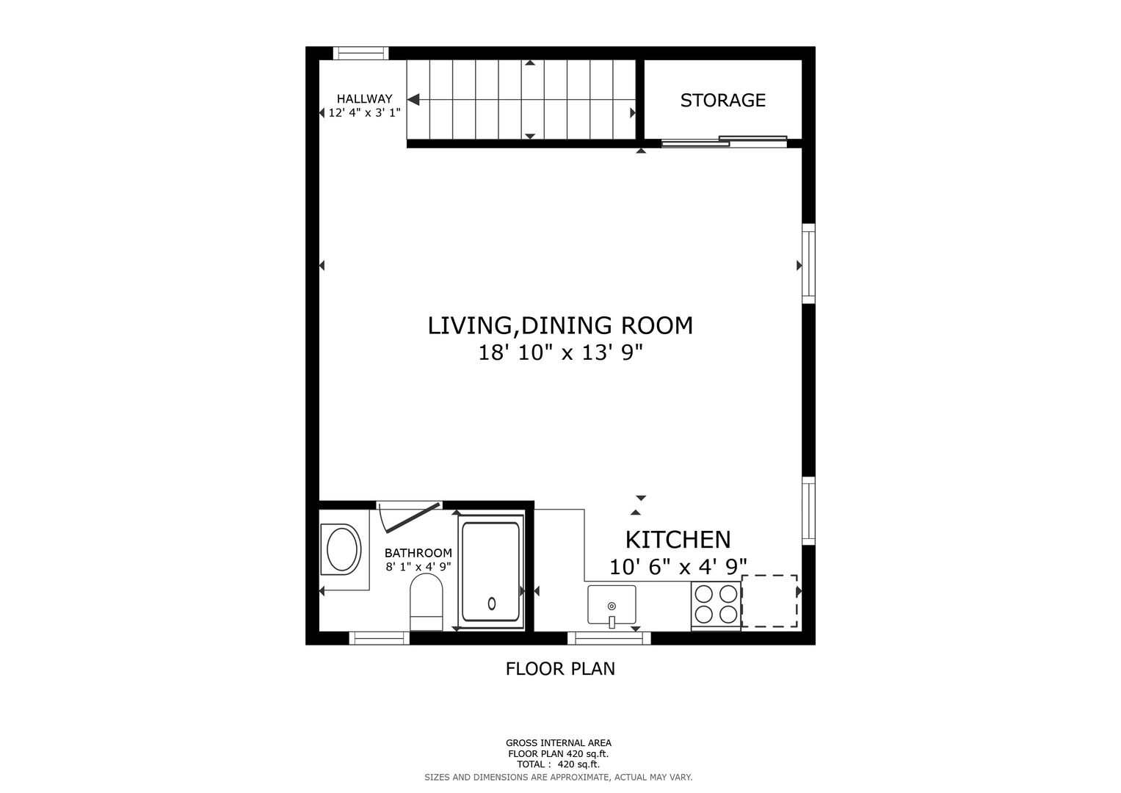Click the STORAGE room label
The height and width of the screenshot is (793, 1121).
(x=722, y=101)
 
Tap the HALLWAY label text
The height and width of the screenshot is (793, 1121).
(x=364, y=98)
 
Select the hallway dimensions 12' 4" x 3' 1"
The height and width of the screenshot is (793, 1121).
(x=364, y=113)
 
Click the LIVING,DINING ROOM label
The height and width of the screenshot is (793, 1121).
(x=560, y=327)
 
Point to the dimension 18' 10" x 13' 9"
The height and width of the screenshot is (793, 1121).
(x=560, y=353)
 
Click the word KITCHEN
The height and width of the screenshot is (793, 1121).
(x=678, y=540)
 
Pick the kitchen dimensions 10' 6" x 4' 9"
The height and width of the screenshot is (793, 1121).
(x=678, y=567)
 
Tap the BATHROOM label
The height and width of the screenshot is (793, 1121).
(x=418, y=553)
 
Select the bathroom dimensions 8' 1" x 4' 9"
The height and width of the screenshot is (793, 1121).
(x=418, y=567)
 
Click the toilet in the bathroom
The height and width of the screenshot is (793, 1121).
(x=427, y=602)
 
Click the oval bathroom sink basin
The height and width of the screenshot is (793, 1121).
(x=342, y=550)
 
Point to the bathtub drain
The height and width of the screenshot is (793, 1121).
(x=491, y=604)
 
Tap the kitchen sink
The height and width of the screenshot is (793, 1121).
(x=612, y=605)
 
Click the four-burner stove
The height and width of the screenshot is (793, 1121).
(x=716, y=604)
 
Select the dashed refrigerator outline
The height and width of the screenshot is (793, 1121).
(x=769, y=601)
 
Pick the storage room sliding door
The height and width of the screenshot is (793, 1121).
(x=724, y=142)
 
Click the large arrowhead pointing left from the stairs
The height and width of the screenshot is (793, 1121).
(x=413, y=100)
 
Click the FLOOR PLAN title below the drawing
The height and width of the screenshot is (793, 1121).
(x=560, y=669)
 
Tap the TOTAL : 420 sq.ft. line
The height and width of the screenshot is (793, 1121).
(x=558, y=764)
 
